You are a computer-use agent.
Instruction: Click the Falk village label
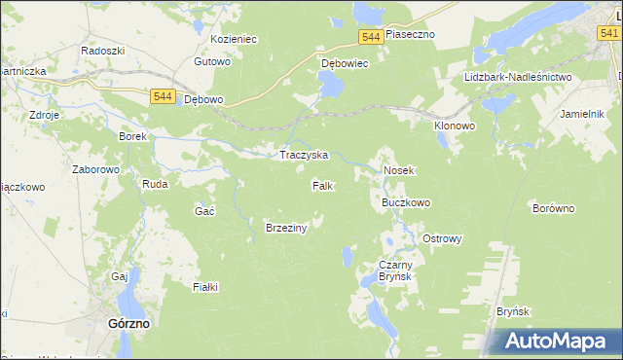(x=323, y=185)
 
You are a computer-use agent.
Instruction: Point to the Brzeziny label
(x=286, y=228)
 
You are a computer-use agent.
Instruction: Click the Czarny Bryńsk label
(x=396, y=270)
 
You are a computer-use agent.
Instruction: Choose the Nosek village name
(x=399, y=170)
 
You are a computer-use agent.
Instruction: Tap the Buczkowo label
(x=406, y=203)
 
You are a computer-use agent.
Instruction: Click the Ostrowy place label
(x=441, y=238)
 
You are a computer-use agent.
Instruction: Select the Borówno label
(x=554, y=208)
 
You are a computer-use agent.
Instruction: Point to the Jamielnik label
(x=583, y=114)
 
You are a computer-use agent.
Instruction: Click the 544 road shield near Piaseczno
(x=369, y=36)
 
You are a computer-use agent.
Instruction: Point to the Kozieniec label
(x=233, y=40)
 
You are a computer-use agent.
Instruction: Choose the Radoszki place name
(x=102, y=50)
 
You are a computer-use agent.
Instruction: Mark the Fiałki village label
(x=205, y=287)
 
